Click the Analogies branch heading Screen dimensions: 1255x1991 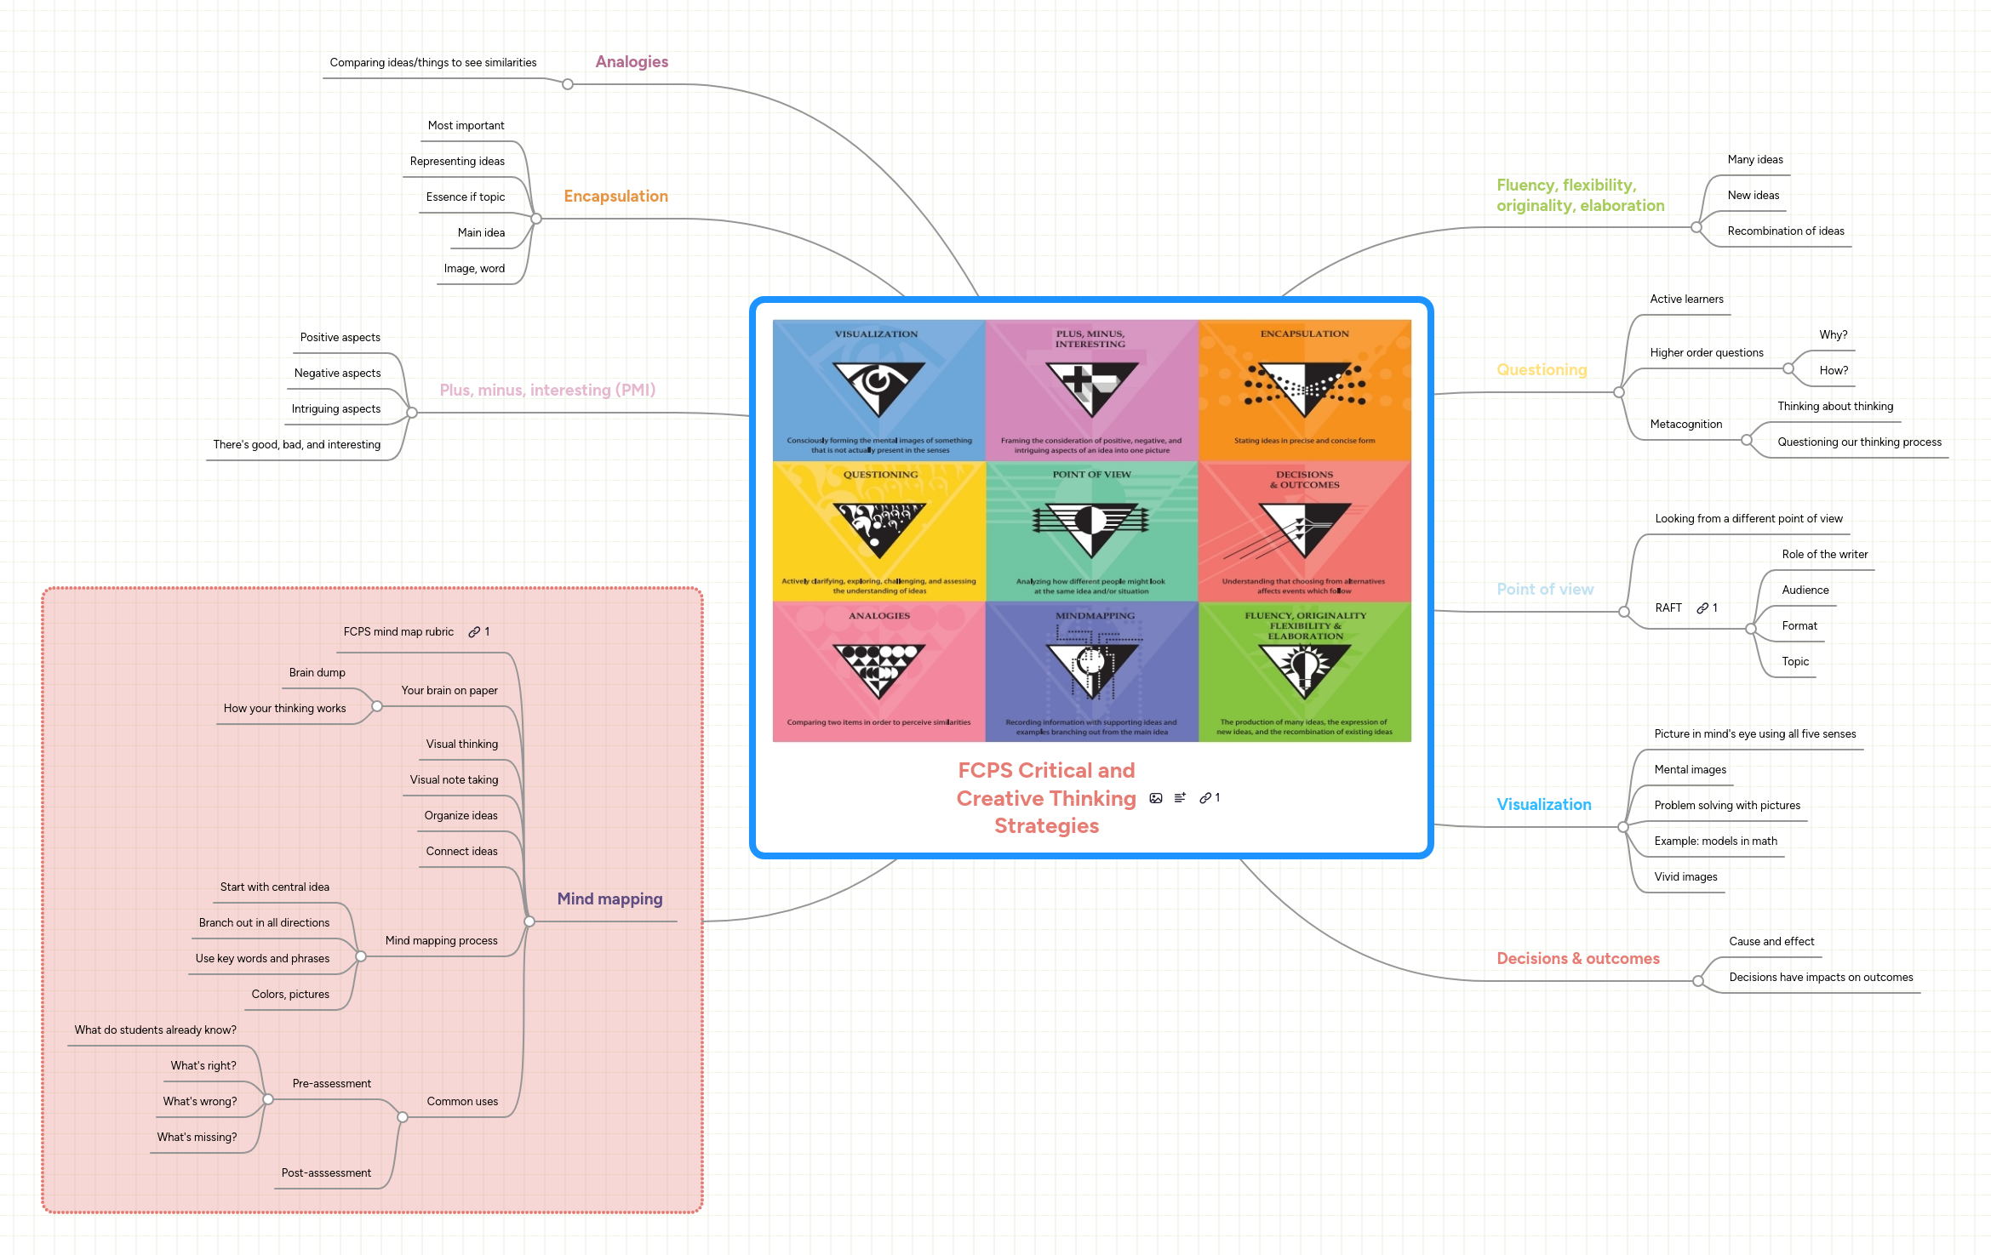click(631, 62)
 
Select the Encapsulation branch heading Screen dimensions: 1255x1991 click(615, 197)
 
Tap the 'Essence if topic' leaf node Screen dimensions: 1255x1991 click(465, 197)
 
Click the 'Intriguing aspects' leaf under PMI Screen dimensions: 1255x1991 click(335, 409)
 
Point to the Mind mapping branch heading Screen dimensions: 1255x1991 click(609, 899)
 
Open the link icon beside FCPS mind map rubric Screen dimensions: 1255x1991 click(474, 632)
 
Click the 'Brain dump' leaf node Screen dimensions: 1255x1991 click(317, 673)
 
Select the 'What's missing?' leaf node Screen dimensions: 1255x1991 click(197, 1138)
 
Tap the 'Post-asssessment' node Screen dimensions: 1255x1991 click(326, 1173)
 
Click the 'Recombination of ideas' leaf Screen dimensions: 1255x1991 click(1785, 231)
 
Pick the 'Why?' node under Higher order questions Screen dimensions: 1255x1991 click(1833, 335)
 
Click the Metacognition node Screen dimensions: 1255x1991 click(1685, 425)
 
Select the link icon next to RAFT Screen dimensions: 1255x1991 click(1702, 608)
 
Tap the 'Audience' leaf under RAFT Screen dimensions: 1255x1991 click(1805, 590)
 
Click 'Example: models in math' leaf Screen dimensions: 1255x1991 click(1715, 841)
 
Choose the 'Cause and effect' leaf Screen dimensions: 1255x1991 click(1771, 942)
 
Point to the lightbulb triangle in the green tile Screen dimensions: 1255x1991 click(1304, 668)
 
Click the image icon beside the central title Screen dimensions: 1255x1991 click(1155, 798)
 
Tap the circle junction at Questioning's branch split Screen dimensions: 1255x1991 click(1618, 392)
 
